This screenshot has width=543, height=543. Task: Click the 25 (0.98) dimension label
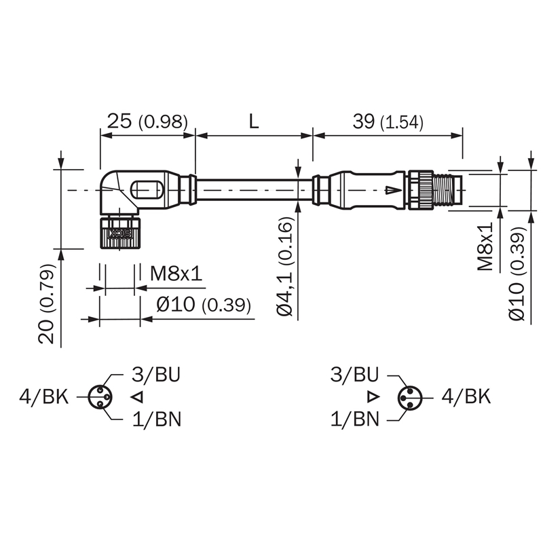click(x=147, y=122)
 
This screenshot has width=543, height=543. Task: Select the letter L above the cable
click(x=254, y=122)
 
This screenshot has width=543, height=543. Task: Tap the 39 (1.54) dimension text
click(x=388, y=122)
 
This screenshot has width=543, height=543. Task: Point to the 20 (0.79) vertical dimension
click(x=47, y=303)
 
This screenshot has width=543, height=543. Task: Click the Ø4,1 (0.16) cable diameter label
click(x=285, y=266)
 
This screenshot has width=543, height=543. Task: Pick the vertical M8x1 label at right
click(x=485, y=246)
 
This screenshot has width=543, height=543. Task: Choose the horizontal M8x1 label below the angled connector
click(x=176, y=274)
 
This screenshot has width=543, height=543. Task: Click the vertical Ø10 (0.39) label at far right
click(x=517, y=274)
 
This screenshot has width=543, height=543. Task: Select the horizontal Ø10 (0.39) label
click(x=204, y=304)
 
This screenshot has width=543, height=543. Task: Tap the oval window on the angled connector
click(x=147, y=190)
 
